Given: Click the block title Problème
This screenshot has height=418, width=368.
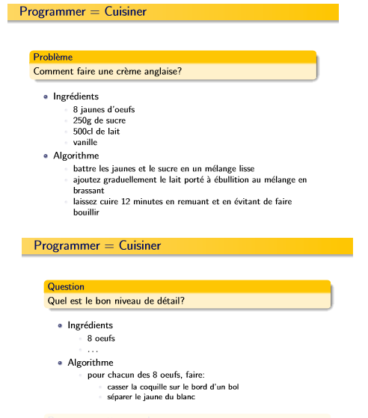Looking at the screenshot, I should [x=52, y=57].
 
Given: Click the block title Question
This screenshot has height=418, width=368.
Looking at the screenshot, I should [x=66, y=286].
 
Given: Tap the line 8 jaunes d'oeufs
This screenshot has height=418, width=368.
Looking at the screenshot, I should [x=104, y=109].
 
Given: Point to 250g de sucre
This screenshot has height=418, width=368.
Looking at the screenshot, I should [x=99, y=120].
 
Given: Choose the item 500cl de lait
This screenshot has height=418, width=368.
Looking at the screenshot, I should [x=96, y=132].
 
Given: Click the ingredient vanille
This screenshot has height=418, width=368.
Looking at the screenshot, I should [x=85, y=142].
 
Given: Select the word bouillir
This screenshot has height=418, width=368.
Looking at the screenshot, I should [x=86, y=212].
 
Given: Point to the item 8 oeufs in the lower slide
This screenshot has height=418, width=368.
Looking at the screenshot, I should [x=101, y=339].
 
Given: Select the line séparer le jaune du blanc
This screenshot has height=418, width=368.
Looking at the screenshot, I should [x=155, y=397].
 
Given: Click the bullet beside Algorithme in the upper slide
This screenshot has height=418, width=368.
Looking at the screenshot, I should [x=46, y=156].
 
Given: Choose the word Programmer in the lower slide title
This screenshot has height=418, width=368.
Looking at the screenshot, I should [x=67, y=246].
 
